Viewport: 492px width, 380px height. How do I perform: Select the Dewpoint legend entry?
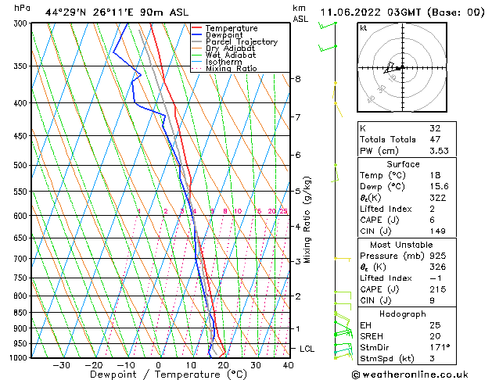pos(226,35)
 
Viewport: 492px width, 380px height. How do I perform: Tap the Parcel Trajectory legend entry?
pos(241,42)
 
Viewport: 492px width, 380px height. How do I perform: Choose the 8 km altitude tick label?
pos(298,79)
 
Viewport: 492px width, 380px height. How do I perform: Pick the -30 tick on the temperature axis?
pos(61,365)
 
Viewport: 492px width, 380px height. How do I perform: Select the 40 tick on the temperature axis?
pos(288,365)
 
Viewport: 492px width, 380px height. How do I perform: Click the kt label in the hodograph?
pos(363,28)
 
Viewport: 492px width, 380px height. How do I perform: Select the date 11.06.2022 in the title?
pos(351,12)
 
